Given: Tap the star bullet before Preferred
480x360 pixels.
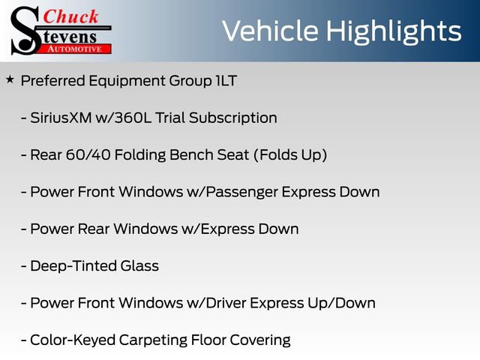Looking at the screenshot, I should click(x=10, y=79).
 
